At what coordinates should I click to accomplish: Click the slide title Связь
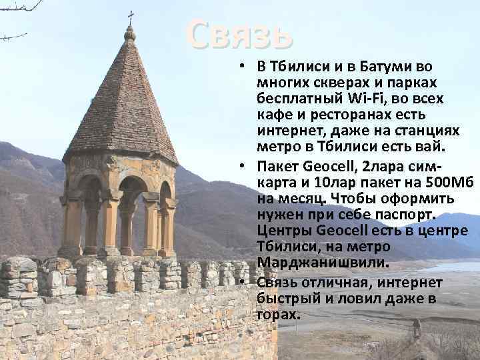pos(239,33)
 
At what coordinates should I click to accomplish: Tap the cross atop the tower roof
pos(130,16)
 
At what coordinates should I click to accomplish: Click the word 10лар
pos(323,183)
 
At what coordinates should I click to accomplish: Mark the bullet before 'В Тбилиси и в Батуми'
pos(245,67)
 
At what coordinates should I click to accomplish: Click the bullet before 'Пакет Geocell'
pos(245,167)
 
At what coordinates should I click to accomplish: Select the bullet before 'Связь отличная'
pos(245,283)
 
